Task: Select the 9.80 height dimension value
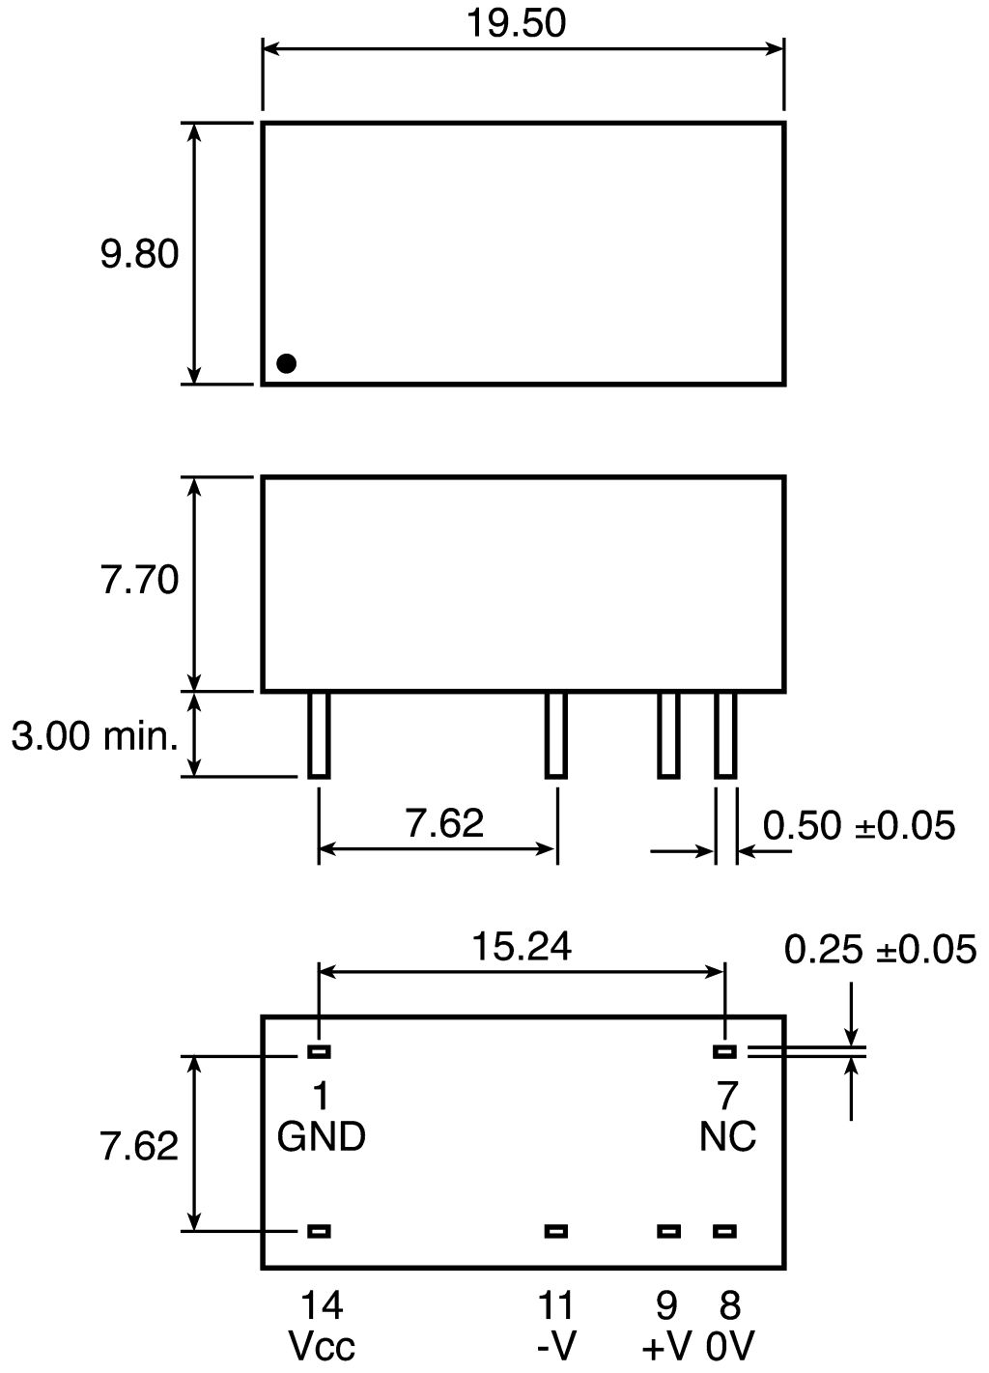tap(140, 254)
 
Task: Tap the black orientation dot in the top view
tap(286, 363)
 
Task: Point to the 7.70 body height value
tap(140, 581)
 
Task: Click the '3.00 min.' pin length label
tap(96, 737)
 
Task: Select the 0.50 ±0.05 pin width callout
tap(859, 826)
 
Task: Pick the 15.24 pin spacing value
tap(521, 947)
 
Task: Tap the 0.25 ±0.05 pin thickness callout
tap(880, 950)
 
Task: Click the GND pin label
tap(322, 1137)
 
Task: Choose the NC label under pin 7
tap(727, 1137)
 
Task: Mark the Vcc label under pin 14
tap(322, 1347)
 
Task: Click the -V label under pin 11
tap(555, 1347)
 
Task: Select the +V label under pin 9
tap(666, 1347)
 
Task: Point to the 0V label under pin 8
tap(730, 1347)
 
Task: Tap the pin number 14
tap(322, 1306)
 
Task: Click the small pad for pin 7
tap(724, 1051)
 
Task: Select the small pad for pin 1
tap(319, 1051)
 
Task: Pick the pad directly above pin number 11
tap(555, 1231)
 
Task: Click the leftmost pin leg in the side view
tap(319, 735)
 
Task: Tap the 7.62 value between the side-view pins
tap(444, 823)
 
